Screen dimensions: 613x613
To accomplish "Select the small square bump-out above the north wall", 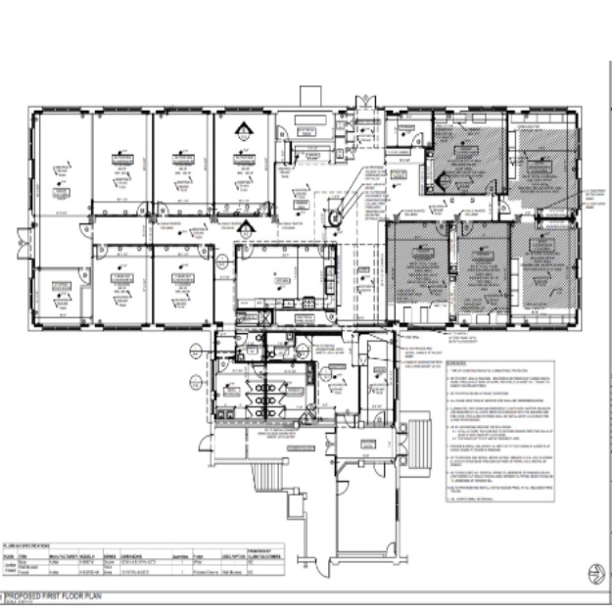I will [x=309, y=96].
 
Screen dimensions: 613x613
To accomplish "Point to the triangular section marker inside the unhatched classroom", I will [x=238, y=130].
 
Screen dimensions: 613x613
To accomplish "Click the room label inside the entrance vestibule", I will [x=373, y=371].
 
